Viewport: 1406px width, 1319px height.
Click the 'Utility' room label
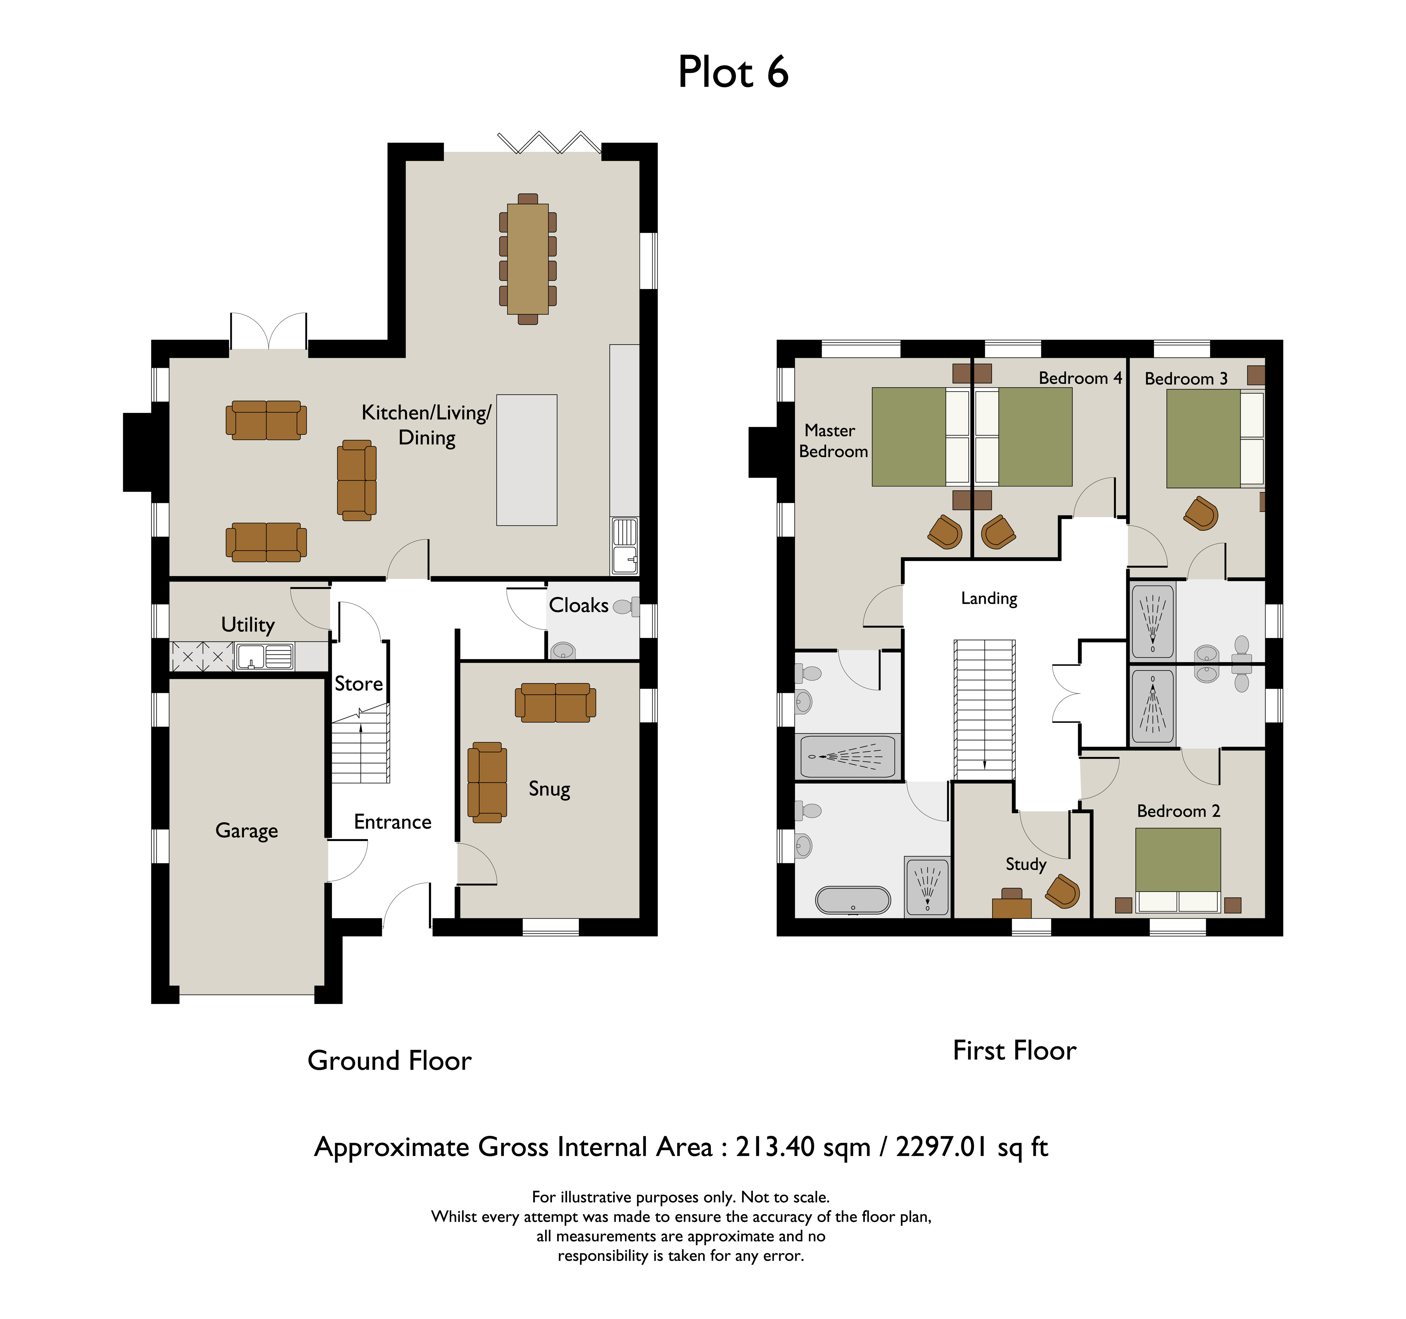pyautogui.click(x=247, y=625)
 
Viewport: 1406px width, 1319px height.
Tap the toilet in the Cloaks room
pyautogui.click(x=626, y=606)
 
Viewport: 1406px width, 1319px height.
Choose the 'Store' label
pyautogui.click(x=359, y=684)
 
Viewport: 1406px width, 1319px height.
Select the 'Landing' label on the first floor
pyautogui.click(x=989, y=599)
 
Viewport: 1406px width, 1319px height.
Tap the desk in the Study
pyautogui.click(x=1011, y=908)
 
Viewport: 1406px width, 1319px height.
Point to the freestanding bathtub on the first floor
pyautogui.click(x=853, y=900)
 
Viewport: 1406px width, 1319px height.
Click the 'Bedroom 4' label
pyautogui.click(x=1080, y=378)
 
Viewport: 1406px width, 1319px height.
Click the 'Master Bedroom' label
pyautogui.click(x=832, y=441)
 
